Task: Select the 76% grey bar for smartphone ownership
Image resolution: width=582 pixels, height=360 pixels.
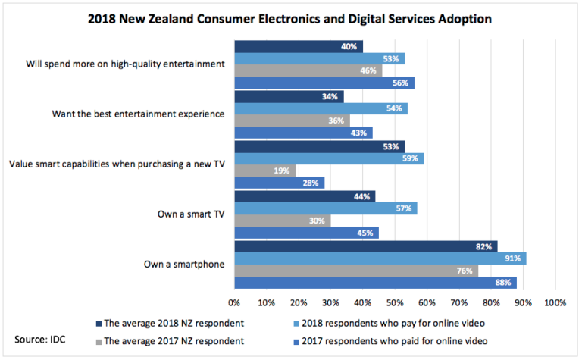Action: pyautogui.click(x=356, y=271)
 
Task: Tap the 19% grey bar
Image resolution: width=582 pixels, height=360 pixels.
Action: pyautogui.click(x=265, y=171)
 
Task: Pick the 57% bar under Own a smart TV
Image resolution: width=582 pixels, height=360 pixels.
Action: pyautogui.click(x=326, y=208)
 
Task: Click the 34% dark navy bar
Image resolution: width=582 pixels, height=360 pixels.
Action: pyautogui.click(x=289, y=96)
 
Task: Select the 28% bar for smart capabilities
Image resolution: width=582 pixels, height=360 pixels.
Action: pyautogui.click(x=279, y=183)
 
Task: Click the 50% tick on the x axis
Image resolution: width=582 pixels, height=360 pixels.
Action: pyautogui.click(x=395, y=303)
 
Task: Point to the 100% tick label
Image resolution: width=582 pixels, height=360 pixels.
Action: pyautogui.click(x=555, y=303)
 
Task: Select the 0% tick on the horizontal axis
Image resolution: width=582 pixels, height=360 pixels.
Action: pyautogui.click(x=234, y=303)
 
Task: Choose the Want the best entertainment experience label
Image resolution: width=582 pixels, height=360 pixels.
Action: pyautogui.click(x=138, y=114)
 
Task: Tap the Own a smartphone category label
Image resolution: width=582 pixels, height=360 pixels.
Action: pyautogui.click(x=184, y=264)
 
